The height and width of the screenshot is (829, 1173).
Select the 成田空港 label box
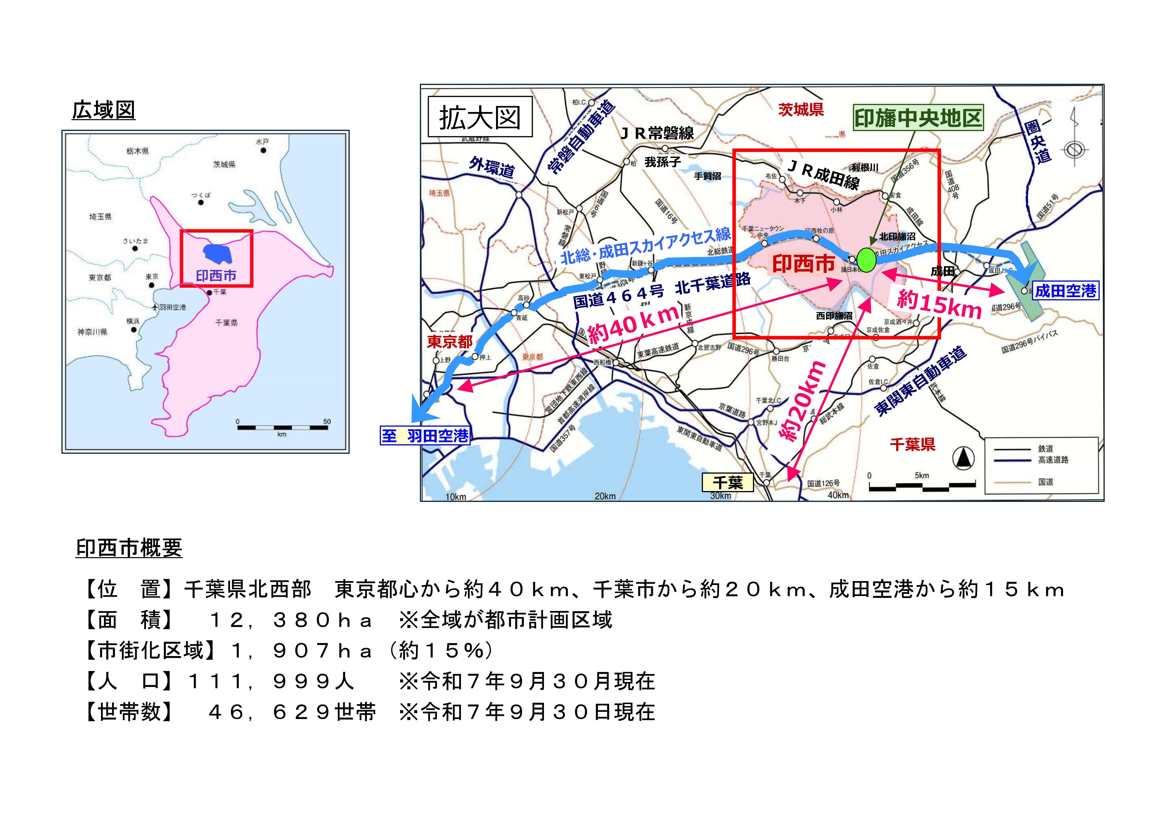pyautogui.click(x=1066, y=291)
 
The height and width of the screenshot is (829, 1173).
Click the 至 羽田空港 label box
pyautogui.click(x=424, y=436)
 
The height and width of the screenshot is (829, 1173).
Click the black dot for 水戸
pyautogui.click(x=263, y=151)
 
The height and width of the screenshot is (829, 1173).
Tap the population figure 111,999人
pyautogui.click(x=271, y=681)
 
